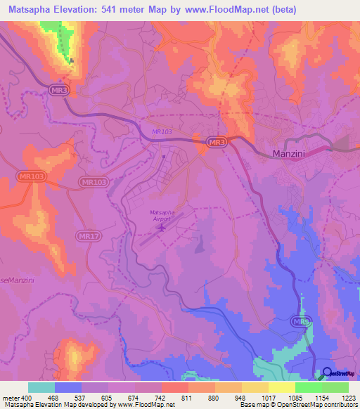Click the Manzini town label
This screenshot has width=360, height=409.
pos(292,154)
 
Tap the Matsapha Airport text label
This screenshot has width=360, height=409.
pos(162,215)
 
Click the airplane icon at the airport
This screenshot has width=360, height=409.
pos(163,227)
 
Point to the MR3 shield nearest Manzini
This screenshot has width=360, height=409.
pos(217,143)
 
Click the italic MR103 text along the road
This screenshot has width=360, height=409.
pos(162,131)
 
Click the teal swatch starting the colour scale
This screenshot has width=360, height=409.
pos(41,387)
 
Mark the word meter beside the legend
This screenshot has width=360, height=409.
pos(10,397)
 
